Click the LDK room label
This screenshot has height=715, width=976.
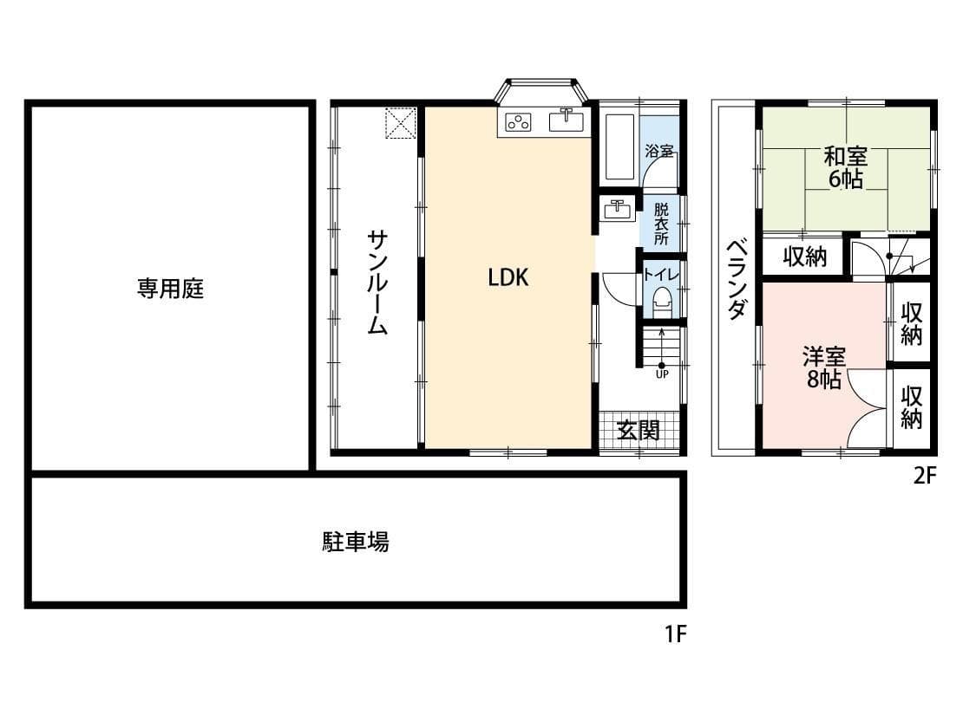[x=508, y=277]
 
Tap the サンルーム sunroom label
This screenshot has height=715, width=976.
[x=377, y=283]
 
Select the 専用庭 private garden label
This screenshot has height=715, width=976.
[x=171, y=289]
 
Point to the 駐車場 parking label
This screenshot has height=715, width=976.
[x=356, y=542]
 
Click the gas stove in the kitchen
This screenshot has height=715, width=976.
[x=518, y=122]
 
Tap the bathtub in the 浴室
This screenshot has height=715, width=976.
[x=620, y=146]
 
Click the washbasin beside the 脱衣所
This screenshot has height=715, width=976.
[x=618, y=209]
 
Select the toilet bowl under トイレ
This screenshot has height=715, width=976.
[x=662, y=303]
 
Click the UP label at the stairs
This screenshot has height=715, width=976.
[x=662, y=374]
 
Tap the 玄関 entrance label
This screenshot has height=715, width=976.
[x=638, y=430]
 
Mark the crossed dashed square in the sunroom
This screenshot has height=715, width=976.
[x=400, y=123]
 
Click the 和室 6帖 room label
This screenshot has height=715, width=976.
[x=845, y=167]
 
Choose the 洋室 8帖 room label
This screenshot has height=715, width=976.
[x=823, y=367]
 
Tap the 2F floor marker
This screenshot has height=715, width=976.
[x=925, y=475]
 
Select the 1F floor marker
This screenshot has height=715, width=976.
[x=675, y=634]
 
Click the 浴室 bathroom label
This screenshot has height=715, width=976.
[x=659, y=151]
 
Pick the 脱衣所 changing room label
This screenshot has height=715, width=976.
[x=661, y=224]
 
